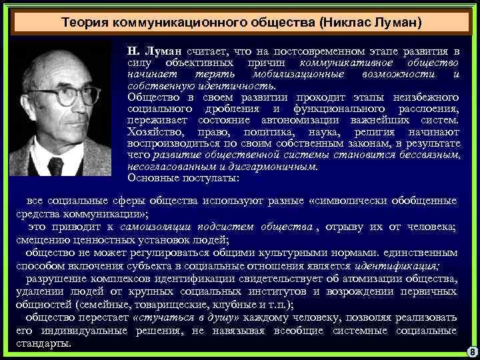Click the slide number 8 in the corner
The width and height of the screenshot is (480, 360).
click(x=471, y=351)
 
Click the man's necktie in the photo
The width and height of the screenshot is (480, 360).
click(x=56, y=165)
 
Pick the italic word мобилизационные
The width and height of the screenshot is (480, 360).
click(x=291, y=73)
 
